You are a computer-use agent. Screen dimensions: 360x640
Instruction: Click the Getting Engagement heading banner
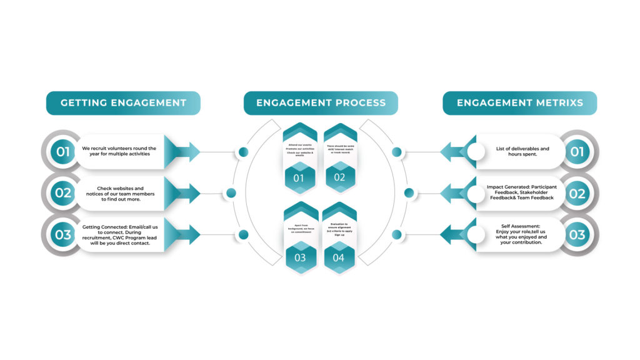tap(123, 103)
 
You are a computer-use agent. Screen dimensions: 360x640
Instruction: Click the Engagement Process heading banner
tap(321, 103)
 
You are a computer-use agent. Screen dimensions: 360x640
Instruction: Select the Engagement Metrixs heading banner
tap(519, 103)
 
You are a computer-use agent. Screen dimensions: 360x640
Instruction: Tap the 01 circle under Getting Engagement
tap(63, 151)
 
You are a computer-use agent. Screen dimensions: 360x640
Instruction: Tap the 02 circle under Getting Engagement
tap(63, 193)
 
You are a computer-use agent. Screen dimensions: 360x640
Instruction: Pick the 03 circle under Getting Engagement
tap(63, 235)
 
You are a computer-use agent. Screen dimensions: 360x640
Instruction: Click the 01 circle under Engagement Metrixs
tap(577, 151)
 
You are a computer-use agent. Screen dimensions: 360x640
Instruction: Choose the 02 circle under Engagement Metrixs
tap(577, 193)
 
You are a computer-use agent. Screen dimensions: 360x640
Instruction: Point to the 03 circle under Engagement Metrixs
tap(577, 235)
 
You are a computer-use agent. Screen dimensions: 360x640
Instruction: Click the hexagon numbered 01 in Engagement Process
tap(299, 177)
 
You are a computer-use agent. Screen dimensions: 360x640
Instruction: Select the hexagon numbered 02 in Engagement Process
tap(339, 177)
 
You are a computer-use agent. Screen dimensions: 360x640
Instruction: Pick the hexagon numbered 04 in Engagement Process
tap(339, 257)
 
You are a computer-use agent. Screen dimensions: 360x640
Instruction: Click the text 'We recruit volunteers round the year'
tap(119, 151)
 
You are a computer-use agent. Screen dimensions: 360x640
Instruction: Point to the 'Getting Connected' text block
tap(119, 235)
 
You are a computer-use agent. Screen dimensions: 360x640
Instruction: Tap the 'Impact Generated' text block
tap(521, 192)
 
